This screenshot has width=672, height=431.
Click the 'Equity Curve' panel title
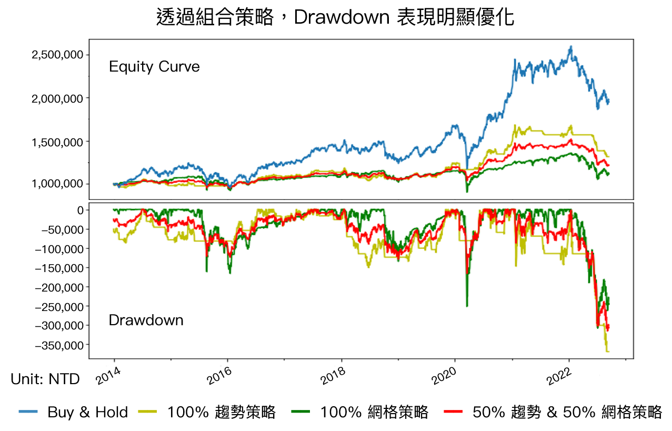tap(154, 67)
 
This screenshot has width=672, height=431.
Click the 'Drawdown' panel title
tap(146, 320)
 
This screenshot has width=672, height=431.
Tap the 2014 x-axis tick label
tap(108, 377)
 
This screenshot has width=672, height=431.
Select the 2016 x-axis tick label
tap(219, 377)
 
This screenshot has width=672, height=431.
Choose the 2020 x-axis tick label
tap(445, 377)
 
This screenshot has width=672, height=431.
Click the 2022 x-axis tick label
tap(557, 377)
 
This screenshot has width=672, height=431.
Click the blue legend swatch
tap(28, 411)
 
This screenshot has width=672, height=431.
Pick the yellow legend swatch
tap(147, 411)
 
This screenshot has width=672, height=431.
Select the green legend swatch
tap(300, 411)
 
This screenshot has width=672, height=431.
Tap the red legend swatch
tap(453, 411)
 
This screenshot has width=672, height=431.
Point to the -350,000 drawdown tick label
tap(59, 345)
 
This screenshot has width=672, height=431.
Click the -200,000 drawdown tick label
tap(59, 287)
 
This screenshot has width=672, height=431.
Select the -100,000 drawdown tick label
tap(59, 249)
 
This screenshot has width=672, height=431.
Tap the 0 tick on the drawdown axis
tap(80, 211)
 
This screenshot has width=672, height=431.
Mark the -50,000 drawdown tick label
tap(61, 229)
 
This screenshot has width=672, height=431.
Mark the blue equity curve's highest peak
tap(571, 46)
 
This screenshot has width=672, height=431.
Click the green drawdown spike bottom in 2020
tap(467, 306)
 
